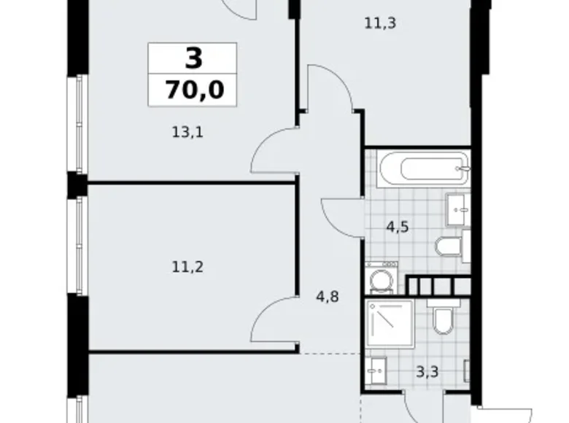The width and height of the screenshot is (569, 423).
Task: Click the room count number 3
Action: [x=193, y=58]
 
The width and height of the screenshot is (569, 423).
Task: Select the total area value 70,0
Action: [x=193, y=90]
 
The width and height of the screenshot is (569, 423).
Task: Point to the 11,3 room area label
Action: [x=379, y=23]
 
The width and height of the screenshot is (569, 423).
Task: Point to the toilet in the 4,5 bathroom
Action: [x=448, y=245]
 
